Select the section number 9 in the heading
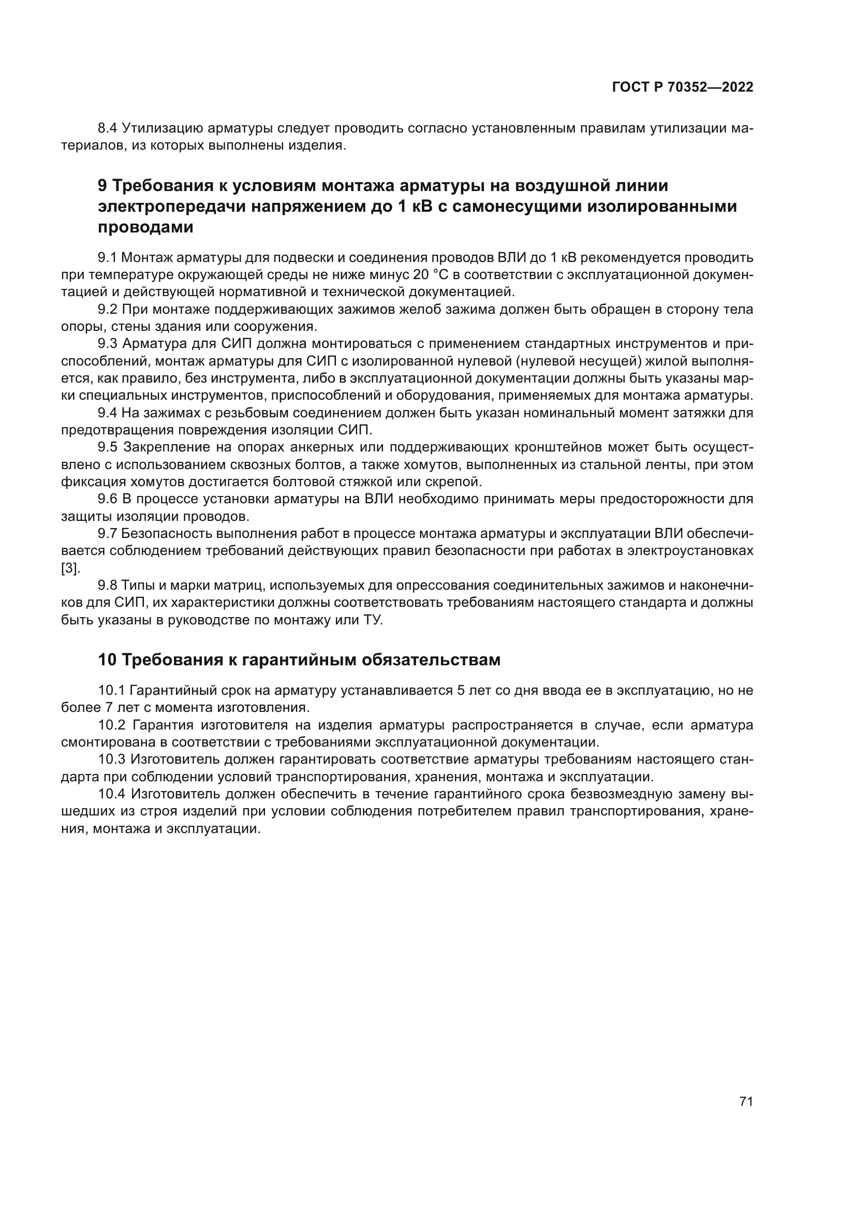point(103,186)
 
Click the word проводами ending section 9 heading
point(145,227)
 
